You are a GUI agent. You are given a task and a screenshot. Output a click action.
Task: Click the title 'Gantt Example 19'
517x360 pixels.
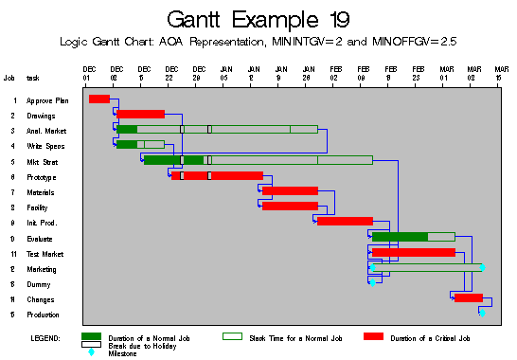click(x=258, y=19)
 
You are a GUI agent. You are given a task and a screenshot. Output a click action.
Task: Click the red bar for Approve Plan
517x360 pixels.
click(x=98, y=99)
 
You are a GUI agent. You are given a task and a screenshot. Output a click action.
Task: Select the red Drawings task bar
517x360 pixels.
click(x=141, y=115)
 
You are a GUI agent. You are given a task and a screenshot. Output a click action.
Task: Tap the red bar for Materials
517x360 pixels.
click(x=290, y=191)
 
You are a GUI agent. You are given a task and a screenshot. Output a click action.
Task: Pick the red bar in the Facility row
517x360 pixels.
click(x=290, y=207)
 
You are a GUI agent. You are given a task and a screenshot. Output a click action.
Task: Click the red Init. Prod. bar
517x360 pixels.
click(x=345, y=222)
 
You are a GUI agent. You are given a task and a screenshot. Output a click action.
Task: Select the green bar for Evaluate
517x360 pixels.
click(x=400, y=237)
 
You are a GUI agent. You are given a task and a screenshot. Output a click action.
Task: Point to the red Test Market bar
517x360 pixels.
click(x=414, y=253)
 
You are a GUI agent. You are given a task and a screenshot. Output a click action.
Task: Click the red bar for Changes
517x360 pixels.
click(x=469, y=298)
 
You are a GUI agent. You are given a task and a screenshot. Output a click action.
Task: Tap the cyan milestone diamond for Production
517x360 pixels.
click(x=482, y=313)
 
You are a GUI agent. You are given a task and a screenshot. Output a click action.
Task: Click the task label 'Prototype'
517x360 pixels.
click(x=41, y=177)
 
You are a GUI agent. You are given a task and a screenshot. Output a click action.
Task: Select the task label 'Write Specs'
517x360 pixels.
click(x=45, y=146)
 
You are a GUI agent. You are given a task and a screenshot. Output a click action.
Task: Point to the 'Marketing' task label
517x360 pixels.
click(x=42, y=269)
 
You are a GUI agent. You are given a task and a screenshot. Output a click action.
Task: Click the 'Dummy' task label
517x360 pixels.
click(x=37, y=284)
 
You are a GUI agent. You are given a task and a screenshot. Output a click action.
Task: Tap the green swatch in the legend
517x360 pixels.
click(x=92, y=336)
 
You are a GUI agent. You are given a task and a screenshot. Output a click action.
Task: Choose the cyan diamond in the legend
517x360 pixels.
click(x=92, y=352)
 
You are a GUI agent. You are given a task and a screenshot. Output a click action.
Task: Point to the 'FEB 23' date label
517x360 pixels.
click(x=418, y=72)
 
